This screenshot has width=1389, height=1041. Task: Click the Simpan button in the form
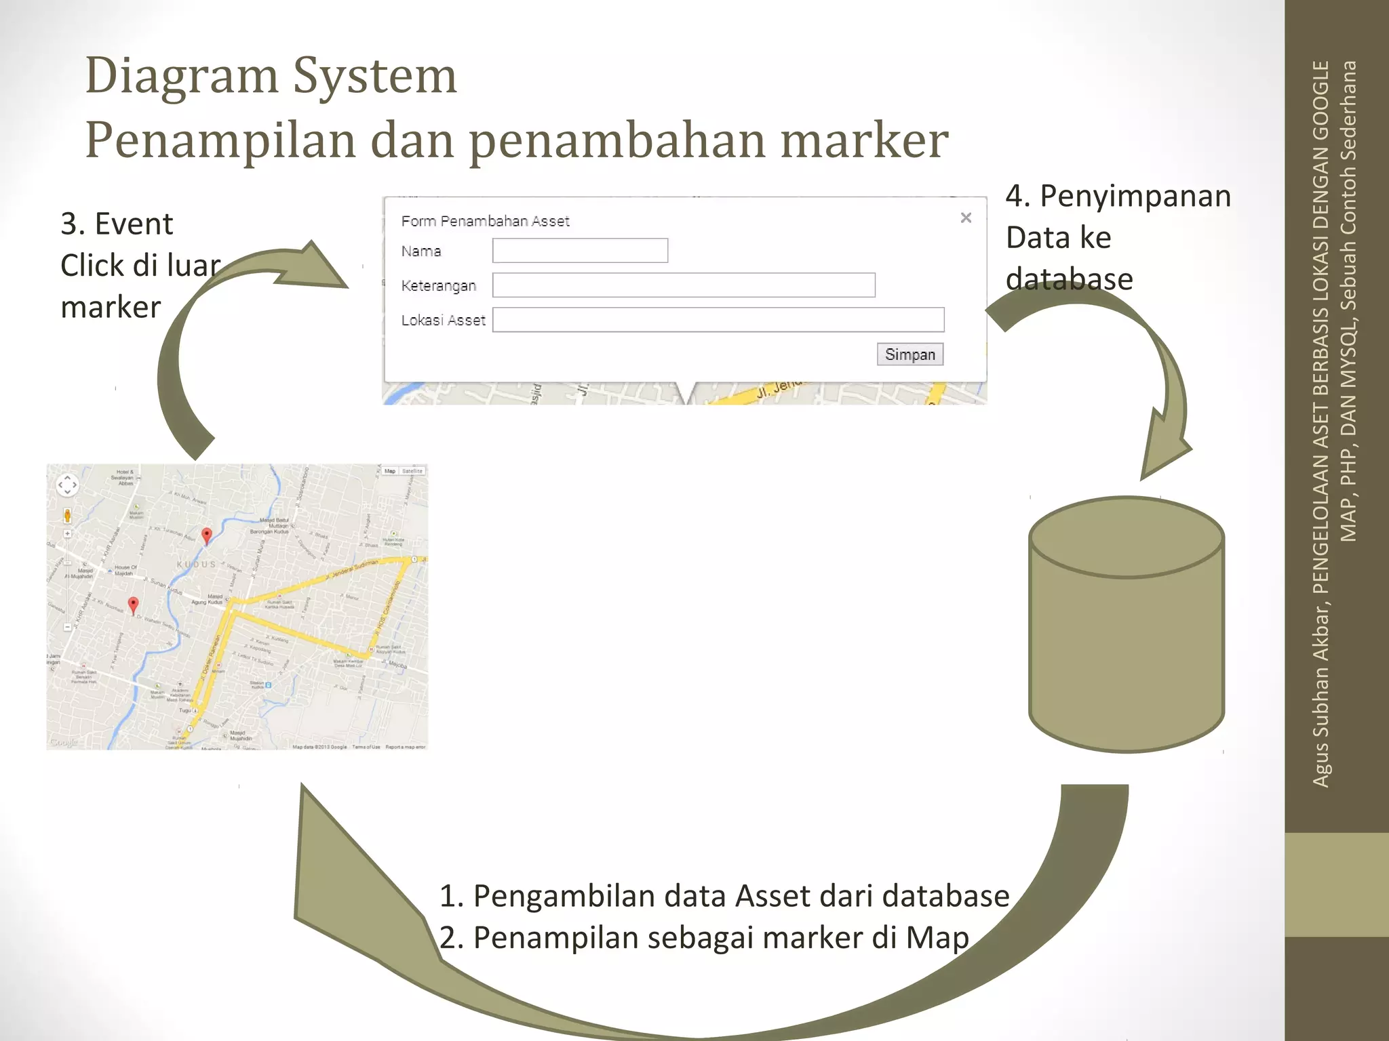(x=909, y=354)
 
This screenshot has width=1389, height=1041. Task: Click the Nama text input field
(x=580, y=251)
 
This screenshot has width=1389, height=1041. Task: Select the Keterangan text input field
(x=684, y=285)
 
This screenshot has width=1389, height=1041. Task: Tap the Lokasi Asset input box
(x=718, y=320)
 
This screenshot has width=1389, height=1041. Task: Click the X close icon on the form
(x=966, y=218)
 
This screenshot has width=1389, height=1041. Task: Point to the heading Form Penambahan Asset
(x=485, y=221)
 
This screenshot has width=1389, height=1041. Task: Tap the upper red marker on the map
(x=207, y=535)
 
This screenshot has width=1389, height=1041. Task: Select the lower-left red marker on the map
(x=133, y=605)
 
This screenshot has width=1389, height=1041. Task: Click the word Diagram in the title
(x=182, y=76)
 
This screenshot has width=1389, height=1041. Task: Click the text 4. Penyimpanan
(x=1118, y=197)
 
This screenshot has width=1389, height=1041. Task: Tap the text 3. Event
(x=117, y=224)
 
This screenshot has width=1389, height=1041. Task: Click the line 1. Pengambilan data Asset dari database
(x=724, y=896)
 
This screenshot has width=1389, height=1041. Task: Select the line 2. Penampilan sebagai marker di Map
(x=703, y=938)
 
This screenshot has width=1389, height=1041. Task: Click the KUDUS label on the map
(x=196, y=564)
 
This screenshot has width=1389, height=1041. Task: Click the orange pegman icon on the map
(x=67, y=515)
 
